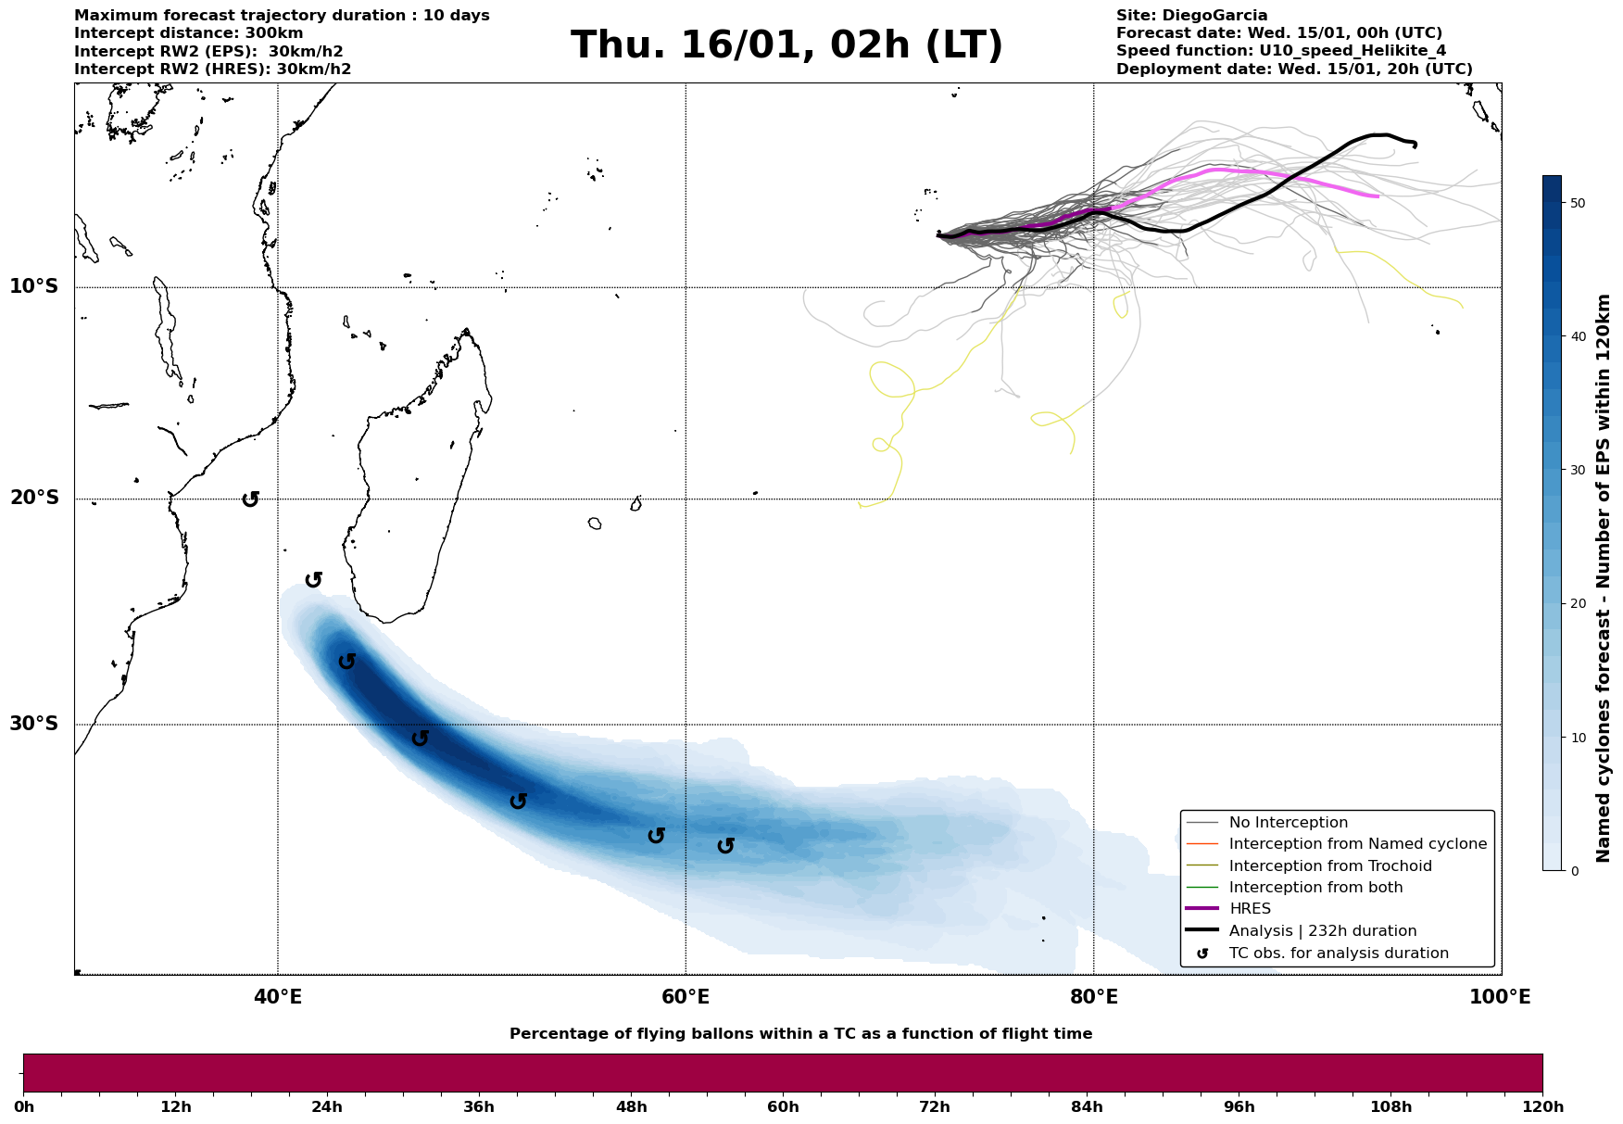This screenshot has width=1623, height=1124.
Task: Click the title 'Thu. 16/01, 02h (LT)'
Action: (x=786, y=45)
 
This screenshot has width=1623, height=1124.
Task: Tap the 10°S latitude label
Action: (x=34, y=286)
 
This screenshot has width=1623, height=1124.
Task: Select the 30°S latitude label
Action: (x=34, y=724)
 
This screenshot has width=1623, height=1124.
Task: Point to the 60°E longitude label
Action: (x=686, y=998)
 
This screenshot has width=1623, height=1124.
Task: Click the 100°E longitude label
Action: (x=1500, y=998)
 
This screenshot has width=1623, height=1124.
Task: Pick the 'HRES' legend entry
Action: (x=1250, y=909)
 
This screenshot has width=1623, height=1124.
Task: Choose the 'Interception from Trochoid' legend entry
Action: (x=1330, y=866)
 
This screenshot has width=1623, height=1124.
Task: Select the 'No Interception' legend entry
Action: (x=1288, y=823)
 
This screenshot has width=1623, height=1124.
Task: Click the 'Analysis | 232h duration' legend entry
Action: (x=1322, y=931)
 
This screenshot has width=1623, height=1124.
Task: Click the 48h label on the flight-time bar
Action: (x=632, y=1107)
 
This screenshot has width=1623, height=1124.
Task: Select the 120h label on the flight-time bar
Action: (x=1542, y=1107)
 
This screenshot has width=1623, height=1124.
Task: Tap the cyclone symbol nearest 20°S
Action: (x=250, y=499)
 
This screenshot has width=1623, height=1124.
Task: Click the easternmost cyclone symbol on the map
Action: (x=725, y=845)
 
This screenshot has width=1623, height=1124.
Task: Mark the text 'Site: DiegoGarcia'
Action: (x=1191, y=16)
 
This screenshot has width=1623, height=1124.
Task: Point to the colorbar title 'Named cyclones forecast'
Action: (x=1604, y=578)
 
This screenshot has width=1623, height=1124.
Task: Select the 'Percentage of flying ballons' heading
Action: (x=800, y=1034)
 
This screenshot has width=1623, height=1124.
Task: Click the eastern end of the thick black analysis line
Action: (x=1415, y=145)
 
